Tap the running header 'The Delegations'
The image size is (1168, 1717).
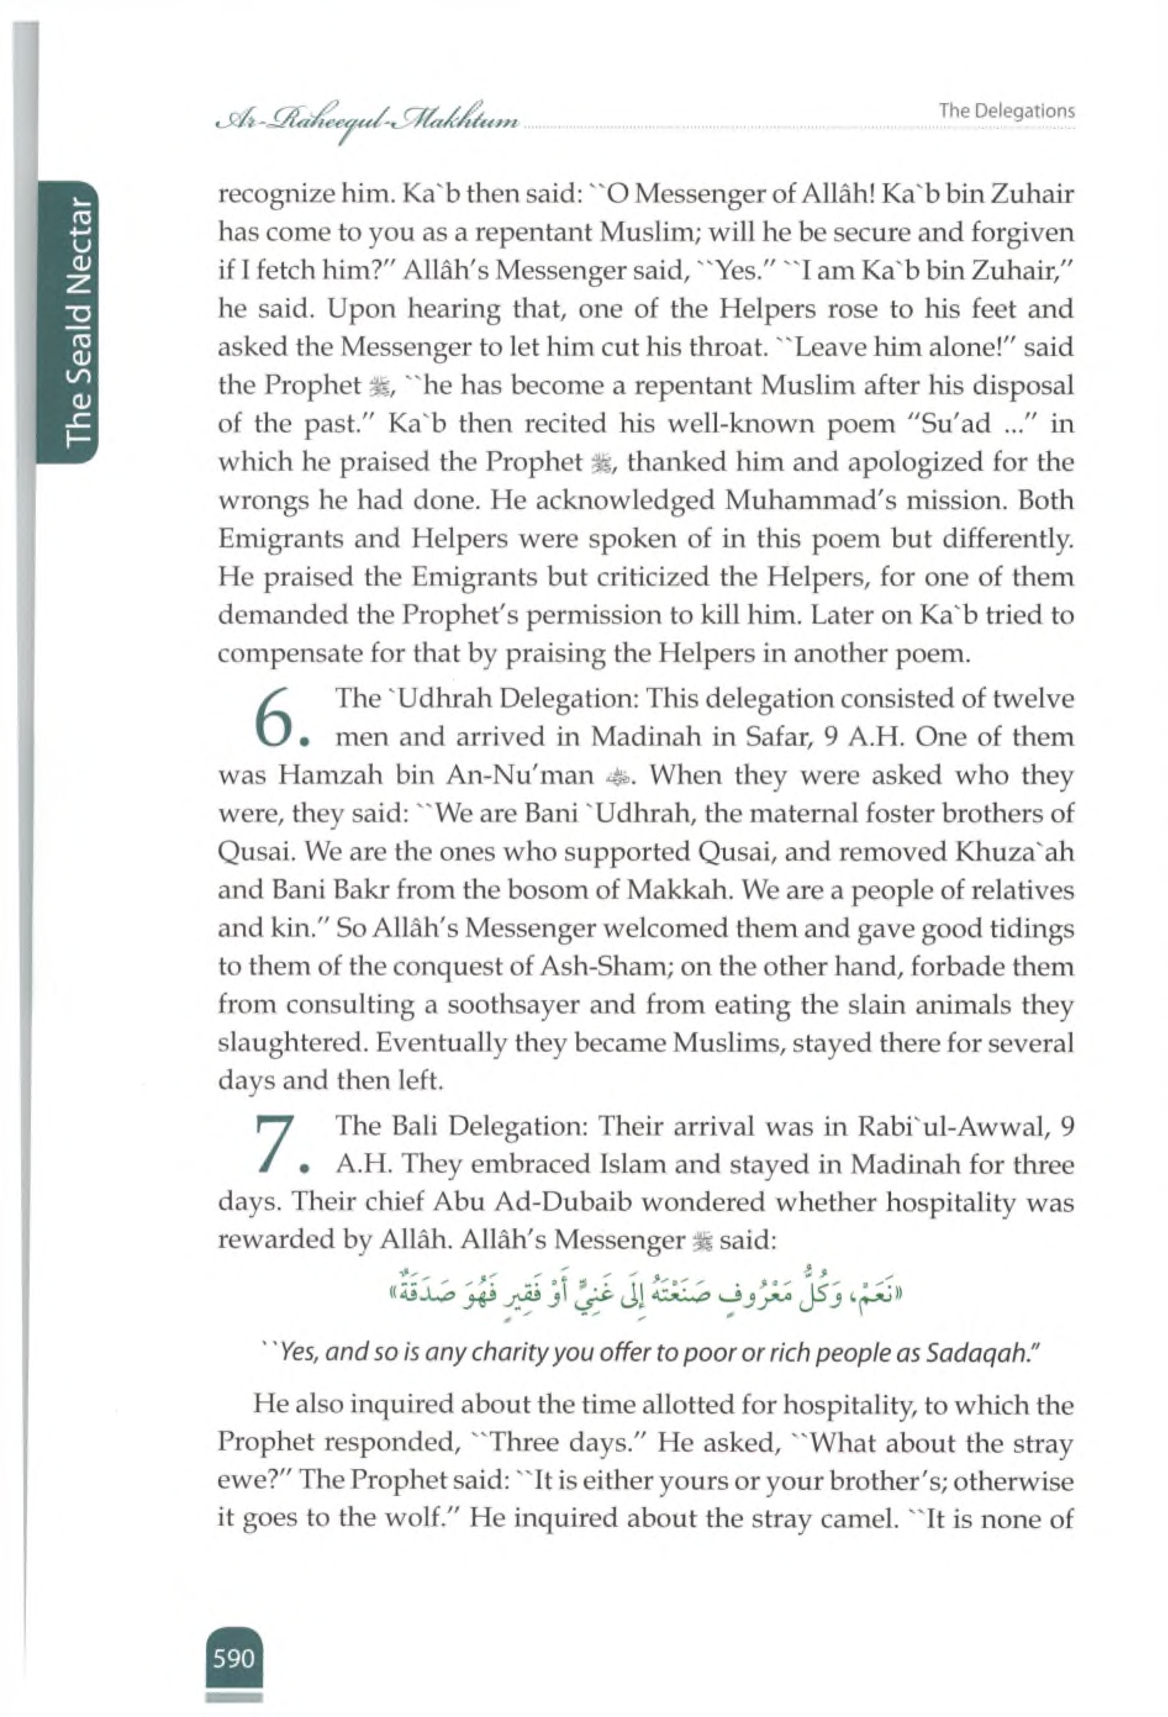1006,111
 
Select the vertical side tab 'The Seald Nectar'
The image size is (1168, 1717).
78,322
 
